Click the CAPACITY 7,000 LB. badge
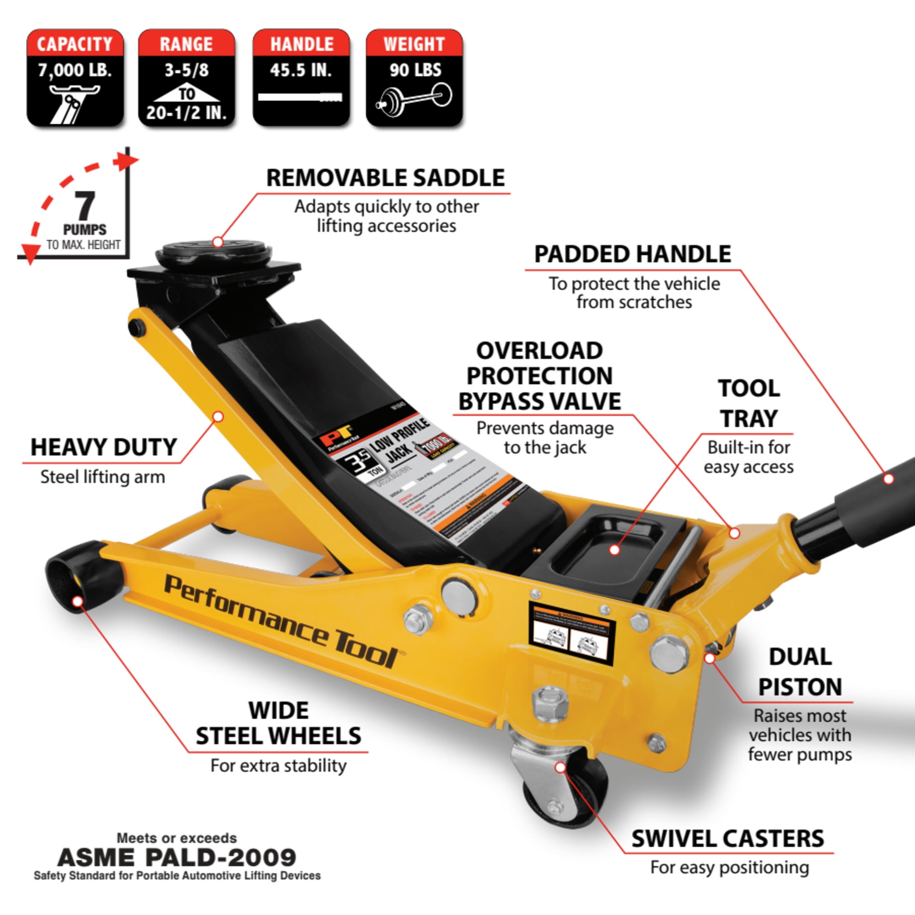point(75,78)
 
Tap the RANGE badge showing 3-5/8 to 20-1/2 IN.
point(186,78)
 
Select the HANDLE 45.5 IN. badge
point(301,78)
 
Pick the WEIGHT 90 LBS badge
point(414,78)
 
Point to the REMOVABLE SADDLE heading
point(385,178)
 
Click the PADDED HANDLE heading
point(632,254)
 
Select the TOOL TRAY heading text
point(749,404)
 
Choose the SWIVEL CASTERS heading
point(728,839)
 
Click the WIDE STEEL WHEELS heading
point(279,723)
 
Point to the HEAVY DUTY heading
point(104,447)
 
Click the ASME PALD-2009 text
point(177,858)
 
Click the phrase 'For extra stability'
point(279,765)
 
